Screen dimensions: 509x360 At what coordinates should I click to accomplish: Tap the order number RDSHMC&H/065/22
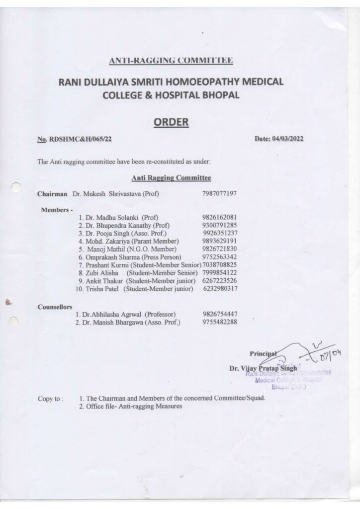(80, 140)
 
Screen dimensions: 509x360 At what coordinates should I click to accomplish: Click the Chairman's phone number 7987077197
(219, 193)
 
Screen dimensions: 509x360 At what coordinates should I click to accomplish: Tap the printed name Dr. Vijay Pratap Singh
(263, 368)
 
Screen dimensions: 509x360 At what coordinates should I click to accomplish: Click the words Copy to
(50, 399)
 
